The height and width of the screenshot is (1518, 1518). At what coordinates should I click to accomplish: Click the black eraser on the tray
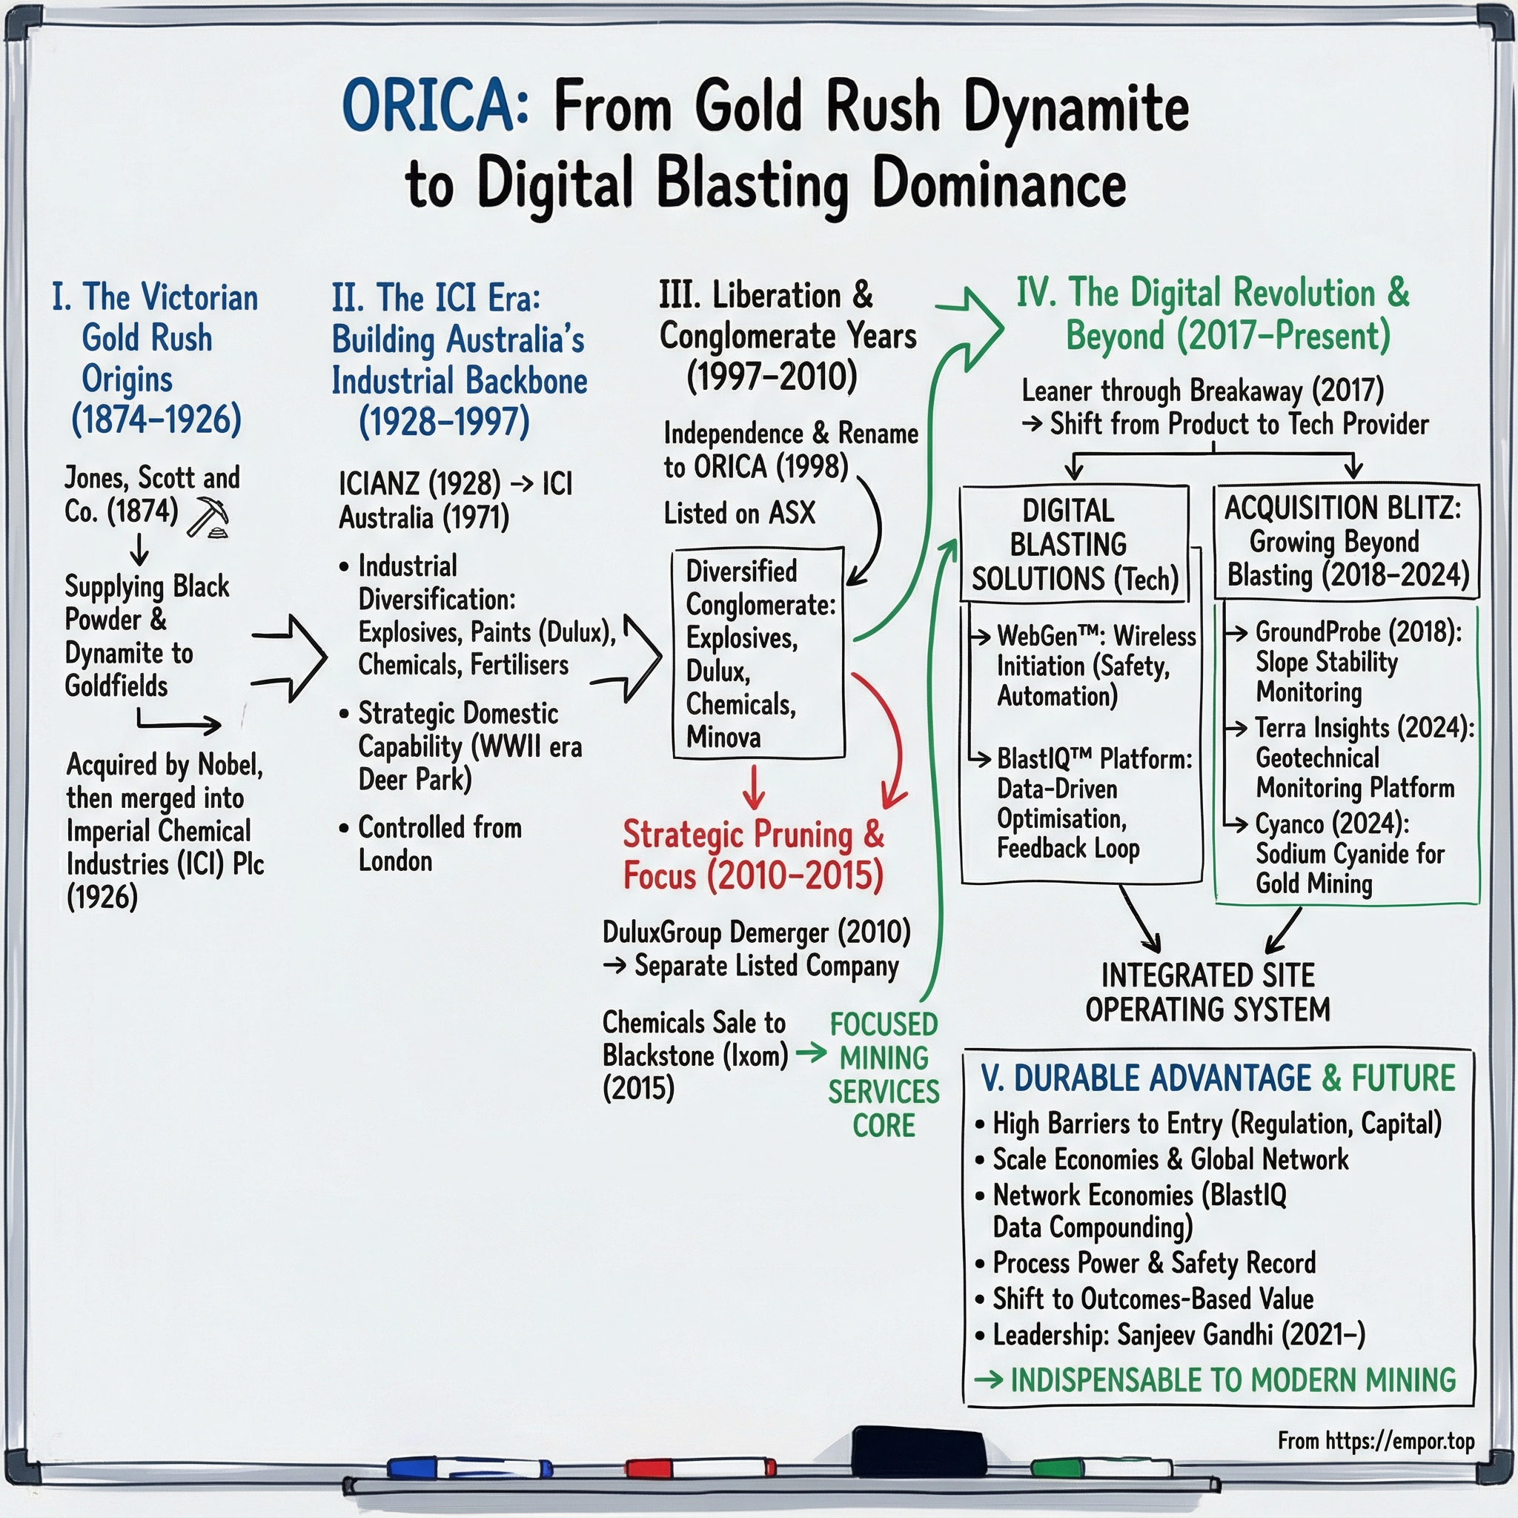918,1451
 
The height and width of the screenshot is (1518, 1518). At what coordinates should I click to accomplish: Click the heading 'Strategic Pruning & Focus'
753,855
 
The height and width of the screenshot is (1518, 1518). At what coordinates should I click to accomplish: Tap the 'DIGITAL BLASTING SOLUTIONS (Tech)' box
1074,545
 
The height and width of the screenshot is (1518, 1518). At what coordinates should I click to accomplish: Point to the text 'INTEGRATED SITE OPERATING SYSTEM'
1207,992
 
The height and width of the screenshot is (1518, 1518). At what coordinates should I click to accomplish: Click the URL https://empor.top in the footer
1399,1441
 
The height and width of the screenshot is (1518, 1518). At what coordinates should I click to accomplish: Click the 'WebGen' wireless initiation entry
1095,666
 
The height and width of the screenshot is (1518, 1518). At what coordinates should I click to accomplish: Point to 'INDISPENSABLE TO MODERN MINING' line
1232,1380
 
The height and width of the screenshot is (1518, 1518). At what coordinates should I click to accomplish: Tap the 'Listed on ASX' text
739,513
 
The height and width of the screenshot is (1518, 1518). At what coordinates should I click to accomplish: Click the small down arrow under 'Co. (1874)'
139,550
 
